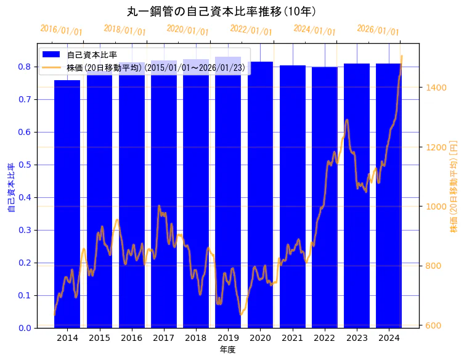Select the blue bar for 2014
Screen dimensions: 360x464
(67, 203)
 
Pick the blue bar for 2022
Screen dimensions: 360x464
(325, 197)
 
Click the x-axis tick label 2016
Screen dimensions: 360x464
(131, 338)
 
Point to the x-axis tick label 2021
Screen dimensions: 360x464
(293, 338)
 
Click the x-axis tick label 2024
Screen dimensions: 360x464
(389, 338)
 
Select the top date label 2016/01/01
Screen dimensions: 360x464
(61, 30)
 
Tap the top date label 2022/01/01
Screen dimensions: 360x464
(251, 30)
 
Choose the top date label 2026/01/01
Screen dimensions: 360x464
(378, 30)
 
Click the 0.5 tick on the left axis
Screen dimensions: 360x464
(25, 165)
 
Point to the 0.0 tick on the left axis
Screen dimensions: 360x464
(25, 328)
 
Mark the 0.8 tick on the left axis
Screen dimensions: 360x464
(25, 67)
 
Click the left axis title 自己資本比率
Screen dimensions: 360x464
(10, 188)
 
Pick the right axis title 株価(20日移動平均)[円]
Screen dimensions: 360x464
(454, 187)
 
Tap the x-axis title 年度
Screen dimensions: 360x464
(227, 350)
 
